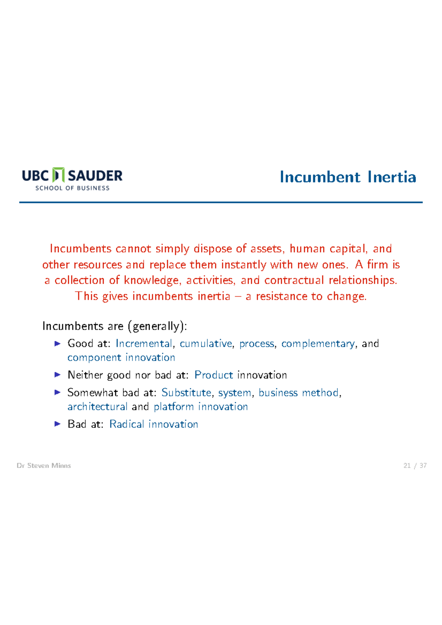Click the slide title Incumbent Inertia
(348, 177)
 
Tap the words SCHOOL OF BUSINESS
(72, 188)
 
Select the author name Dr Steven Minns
(44, 466)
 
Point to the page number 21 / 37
(415, 466)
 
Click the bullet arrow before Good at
(57, 344)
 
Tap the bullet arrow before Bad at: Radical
(57, 424)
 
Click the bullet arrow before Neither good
(57, 375)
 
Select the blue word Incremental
(144, 344)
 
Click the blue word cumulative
(206, 344)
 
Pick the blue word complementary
(318, 344)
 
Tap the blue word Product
(214, 375)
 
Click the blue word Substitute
(186, 393)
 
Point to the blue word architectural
(97, 407)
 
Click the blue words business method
(298, 393)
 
